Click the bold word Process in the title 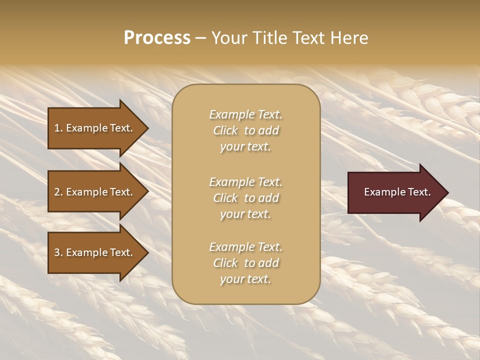tap(157, 38)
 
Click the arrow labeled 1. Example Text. tap(90, 128)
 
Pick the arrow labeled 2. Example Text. tap(90, 192)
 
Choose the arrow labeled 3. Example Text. tap(90, 252)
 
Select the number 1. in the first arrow tap(58, 128)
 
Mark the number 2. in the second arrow tap(58, 192)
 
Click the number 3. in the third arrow tap(58, 252)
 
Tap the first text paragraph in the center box tap(245, 130)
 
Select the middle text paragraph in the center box tap(245, 198)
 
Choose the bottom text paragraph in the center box tap(245, 263)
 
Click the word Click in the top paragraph tap(225, 130)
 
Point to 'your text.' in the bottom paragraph tap(245, 279)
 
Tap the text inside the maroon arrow tap(397, 192)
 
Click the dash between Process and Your tap(200, 38)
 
